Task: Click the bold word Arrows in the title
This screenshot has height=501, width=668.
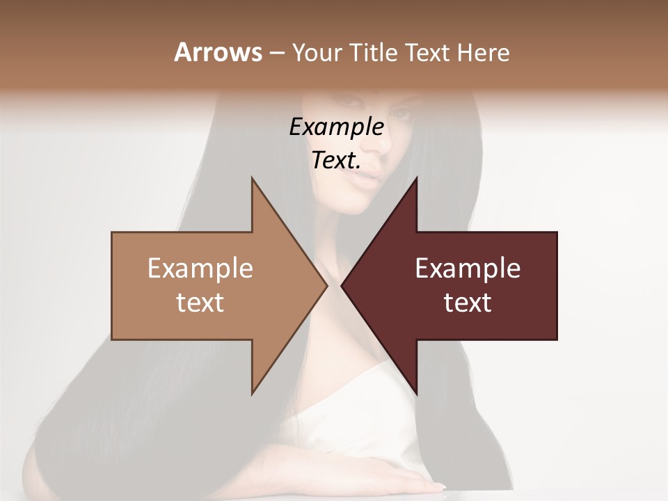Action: click(217, 52)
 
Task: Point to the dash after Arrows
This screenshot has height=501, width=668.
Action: click(276, 53)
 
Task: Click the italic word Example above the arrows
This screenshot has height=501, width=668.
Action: click(336, 127)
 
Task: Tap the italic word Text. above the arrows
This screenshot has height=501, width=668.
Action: click(336, 161)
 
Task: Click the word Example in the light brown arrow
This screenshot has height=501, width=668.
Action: click(200, 269)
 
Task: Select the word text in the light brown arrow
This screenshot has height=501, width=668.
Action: click(200, 303)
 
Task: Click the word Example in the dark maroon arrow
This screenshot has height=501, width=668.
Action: click(468, 269)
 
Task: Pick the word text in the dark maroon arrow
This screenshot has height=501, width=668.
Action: click(468, 303)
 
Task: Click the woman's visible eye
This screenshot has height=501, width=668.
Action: click(402, 112)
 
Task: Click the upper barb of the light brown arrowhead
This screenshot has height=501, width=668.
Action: click(253, 182)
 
